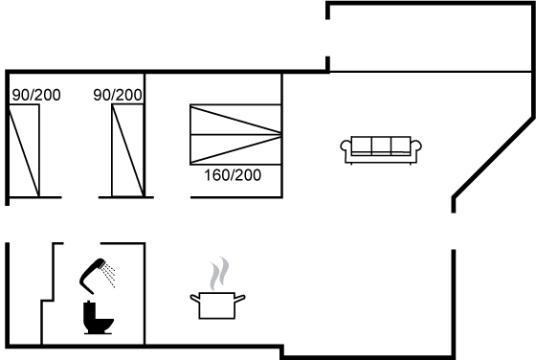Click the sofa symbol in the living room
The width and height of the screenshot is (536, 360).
(381, 149)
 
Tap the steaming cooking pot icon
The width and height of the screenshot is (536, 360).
(218, 288)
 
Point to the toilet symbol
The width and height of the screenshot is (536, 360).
(98, 318)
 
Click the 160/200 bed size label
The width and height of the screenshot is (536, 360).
(233, 175)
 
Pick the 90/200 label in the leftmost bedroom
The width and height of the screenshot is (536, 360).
(36, 95)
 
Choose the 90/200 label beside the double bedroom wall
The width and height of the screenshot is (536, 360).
(117, 95)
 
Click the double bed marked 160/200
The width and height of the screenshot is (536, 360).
(235, 135)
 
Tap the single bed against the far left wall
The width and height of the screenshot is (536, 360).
(24, 150)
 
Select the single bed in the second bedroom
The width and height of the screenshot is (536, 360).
(127, 150)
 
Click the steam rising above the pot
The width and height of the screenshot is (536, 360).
(219, 274)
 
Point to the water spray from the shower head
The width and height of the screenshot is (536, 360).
(110, 275)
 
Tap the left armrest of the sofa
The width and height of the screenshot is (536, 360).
(346, 148)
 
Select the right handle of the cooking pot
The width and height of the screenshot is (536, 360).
(240, 298)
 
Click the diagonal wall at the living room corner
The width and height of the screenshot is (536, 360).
(493, 158)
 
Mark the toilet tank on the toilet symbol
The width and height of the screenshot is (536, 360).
(89, 311)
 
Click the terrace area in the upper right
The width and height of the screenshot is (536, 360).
(430, 37)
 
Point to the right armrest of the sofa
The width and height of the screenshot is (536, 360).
(416, 148)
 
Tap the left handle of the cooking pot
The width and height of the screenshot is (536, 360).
(195, 298)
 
